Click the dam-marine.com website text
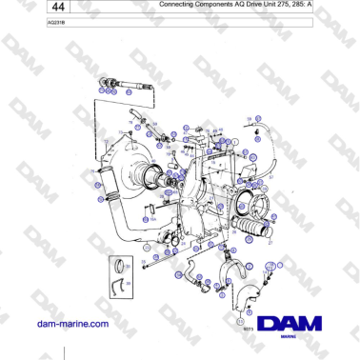point(71,324)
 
